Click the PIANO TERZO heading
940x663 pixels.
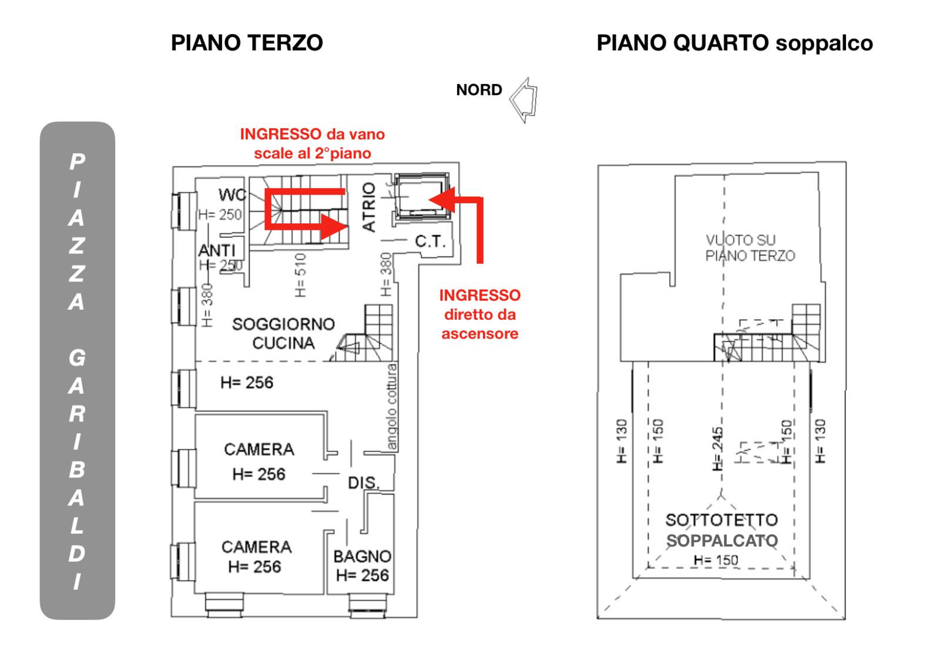[x=247, y=43]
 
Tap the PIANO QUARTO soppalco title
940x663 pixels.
[x=735, y=43]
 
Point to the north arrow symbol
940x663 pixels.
[x=523, y=101]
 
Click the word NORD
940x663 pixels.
[x=479, y=90]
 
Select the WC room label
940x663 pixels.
[x=232, y=195]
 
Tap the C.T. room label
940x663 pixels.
[x=429, y=242]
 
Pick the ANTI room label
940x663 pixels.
[x=217, y=250]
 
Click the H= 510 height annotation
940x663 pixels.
[x=300, y=275]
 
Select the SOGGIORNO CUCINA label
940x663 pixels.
[x=283, y=333]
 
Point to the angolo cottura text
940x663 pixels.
[x=391, y=407]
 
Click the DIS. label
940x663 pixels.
[x=364, y=483]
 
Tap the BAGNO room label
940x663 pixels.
[x=362, y=557]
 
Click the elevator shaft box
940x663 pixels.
[x=422, y=196]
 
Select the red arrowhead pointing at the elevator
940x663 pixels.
[x=442, y=199]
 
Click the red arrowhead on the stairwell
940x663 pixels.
[x=334, y=227]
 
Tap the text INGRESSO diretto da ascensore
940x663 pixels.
[x=479, y=314]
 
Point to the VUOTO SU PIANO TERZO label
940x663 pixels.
[x=750, y=247]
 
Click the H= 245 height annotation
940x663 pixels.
[x=717, y=449]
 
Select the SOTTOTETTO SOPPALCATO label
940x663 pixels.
[x=722, y=530]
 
